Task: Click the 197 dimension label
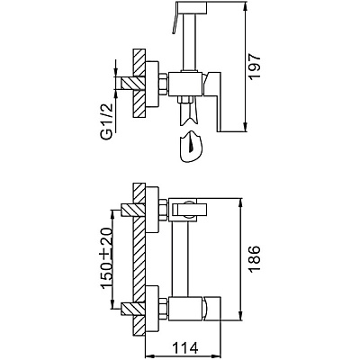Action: pyautogui.click(x=255, y=67)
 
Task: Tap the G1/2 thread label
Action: pyautogui.click(x=106, y=121)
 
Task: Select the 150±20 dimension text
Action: pyautogui.click(x=107, y=259)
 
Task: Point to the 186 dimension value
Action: pyautogui.click(x=255, y=259)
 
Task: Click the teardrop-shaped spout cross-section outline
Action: pyautogui.click(x=191, y=147)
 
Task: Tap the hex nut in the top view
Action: pyautogui.click(x=163, y=85)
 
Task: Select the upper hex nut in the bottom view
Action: pyautogui.click(x=163, y=210)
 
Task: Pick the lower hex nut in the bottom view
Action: pyautogui.click(x=163, y=309)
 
